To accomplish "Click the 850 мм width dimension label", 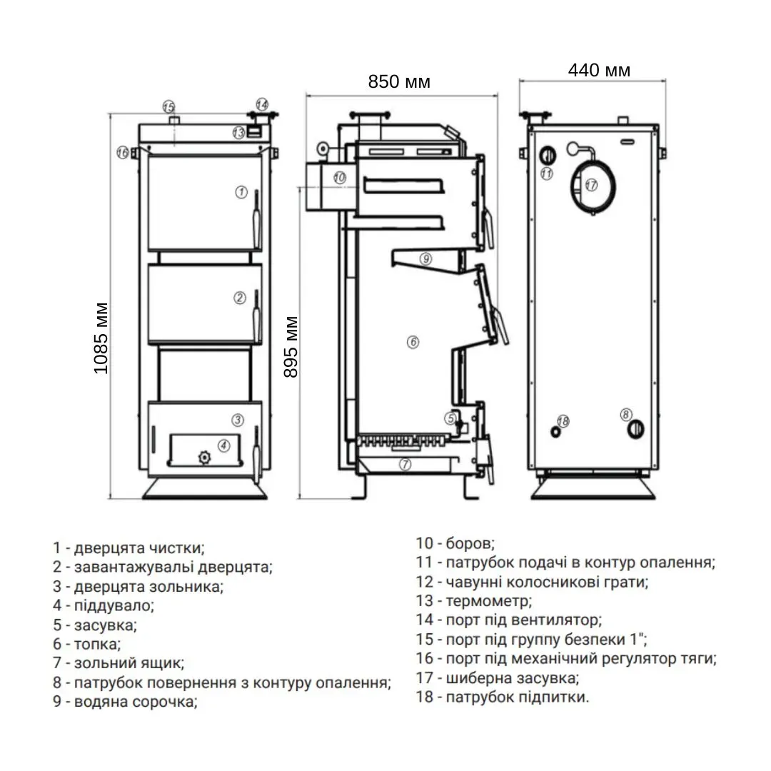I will coord(399,81).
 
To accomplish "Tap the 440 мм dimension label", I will coord(599,70).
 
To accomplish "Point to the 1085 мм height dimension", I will coord(101,339).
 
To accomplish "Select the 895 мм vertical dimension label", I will coord(291,347).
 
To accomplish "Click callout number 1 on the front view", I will coord(241,192).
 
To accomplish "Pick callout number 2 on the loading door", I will coord(241,298).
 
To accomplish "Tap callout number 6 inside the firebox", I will coord(413,342).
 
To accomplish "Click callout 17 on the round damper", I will coord(590,184).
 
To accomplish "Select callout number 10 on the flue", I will coord(339,177).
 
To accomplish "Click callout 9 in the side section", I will coord(425,259).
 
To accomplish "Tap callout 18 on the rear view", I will coord(563,421).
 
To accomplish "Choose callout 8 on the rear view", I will coord(626,414).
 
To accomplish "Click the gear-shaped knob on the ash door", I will coord(205,455).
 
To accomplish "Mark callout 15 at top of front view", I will coord(168,107).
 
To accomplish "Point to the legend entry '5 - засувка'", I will coord(95,625).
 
